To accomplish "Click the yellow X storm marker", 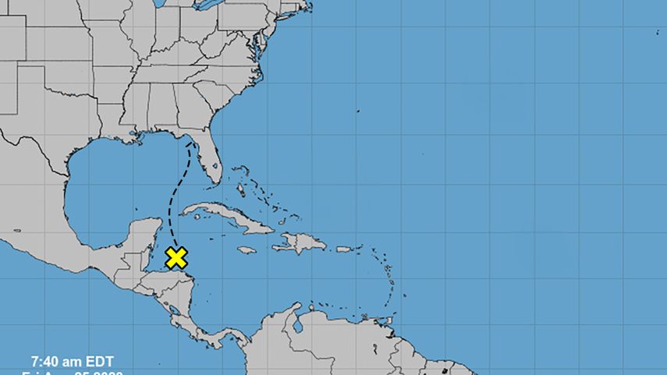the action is pyautogui.click(x=177, y=257).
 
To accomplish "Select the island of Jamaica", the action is pyautogui.click(x=247, y=250).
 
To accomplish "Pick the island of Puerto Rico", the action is pyautogui.click(x=343, y=249).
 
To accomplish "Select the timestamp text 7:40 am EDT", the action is pyautogui.click(x=72, y=361).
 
